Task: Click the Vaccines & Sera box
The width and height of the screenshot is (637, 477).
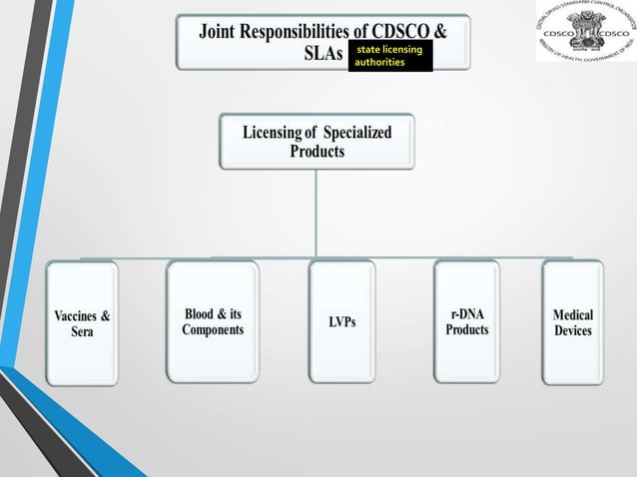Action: pos(82,322)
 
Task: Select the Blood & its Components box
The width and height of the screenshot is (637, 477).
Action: pos(213,321)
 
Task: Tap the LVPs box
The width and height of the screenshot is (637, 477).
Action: pos(341,321)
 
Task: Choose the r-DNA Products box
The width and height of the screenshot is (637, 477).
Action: pos(467,321)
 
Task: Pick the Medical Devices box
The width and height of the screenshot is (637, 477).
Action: pos(572,321)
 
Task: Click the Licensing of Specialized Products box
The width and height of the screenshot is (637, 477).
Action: pos(317,142)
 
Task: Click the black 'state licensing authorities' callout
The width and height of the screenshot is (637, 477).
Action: pos(390,56)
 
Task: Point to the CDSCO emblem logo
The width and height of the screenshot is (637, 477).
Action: pos(584,31)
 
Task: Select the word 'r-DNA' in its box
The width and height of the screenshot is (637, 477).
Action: pos(467,313)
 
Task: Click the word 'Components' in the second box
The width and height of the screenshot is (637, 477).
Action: pos(213,330)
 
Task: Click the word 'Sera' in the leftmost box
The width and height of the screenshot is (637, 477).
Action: pos(83,331)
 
